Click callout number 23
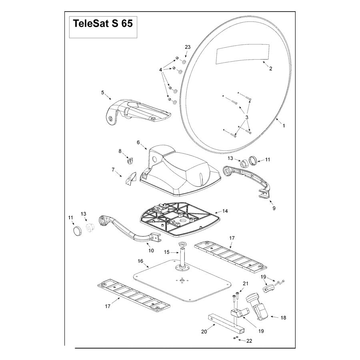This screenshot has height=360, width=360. coord(188,47)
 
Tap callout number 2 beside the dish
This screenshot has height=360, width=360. coord(270,68)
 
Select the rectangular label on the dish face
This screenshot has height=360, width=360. coord(241,54)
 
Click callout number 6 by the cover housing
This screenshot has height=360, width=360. coord(138,142)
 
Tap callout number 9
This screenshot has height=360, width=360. coord(274,208)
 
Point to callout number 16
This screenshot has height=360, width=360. coord(140,261)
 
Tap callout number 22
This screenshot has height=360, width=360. coord(250,341)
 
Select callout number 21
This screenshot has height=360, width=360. coord(246,284)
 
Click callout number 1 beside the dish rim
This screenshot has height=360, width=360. coord(284,126)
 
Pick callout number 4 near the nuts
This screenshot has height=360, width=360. coord(161,69)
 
